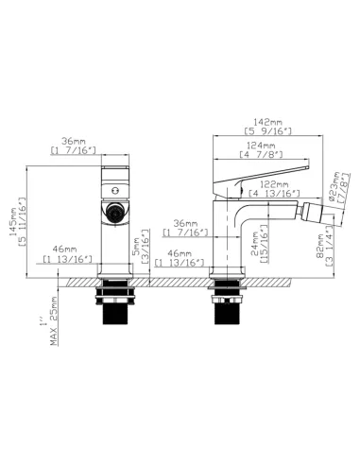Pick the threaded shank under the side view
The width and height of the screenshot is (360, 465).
point(227,308)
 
